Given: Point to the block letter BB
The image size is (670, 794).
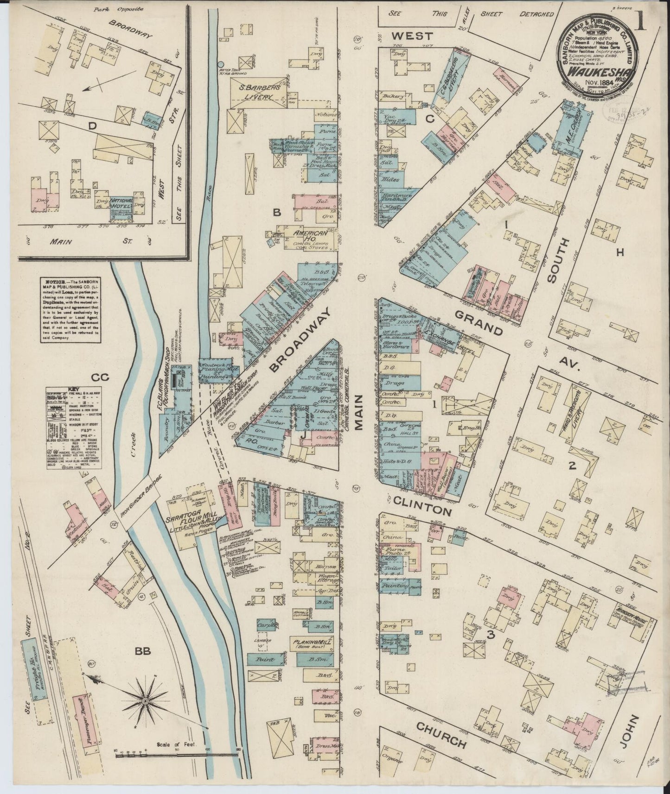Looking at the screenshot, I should [x=143, y=651].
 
